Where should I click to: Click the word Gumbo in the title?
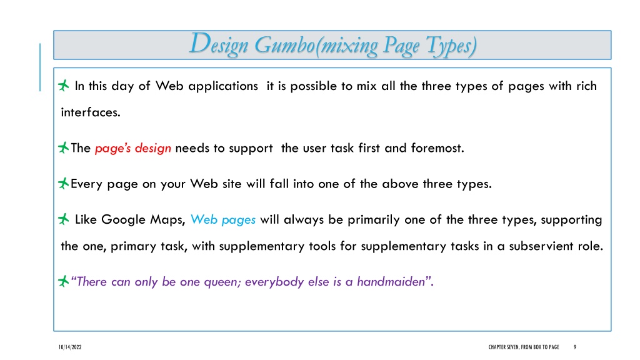(x=284, y=45)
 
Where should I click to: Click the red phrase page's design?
(x=133, y=148)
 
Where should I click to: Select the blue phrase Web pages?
(x=223, y=220)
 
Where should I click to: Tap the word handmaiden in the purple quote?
(x=391, y=282)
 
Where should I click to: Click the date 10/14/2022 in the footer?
(x=70, y=347)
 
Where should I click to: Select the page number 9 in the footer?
(x=575, y=347)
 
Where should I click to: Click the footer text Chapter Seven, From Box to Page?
(x=524, y=347)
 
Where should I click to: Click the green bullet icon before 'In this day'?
(x=63, y=85)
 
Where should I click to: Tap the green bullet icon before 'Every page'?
(x=63, y=183)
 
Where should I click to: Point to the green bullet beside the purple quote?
(x=63, y=281)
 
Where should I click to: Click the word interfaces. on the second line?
(x=91, y=112)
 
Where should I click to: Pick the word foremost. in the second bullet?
(x=437, y=147)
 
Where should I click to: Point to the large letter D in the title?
(x=200, y=43)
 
